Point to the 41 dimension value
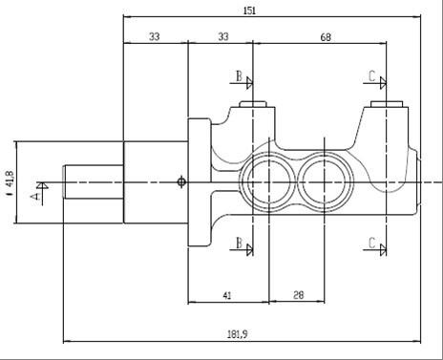[227, 296]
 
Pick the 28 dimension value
[298, 296]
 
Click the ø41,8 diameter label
[9, 180]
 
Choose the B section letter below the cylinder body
[239, 244]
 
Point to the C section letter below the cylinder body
[371, 244]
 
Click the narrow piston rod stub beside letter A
[93, 181]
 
